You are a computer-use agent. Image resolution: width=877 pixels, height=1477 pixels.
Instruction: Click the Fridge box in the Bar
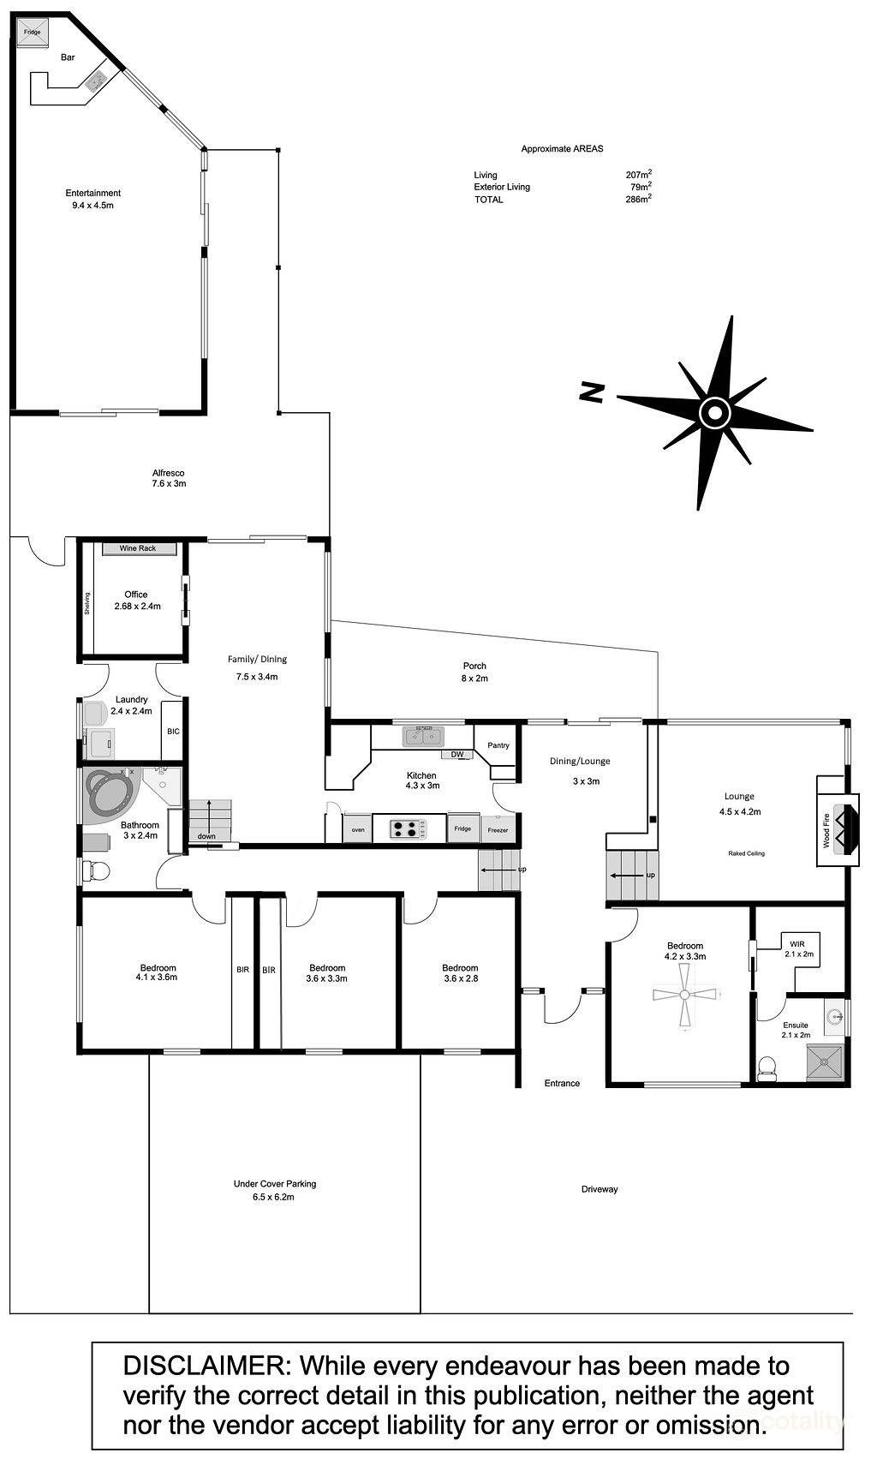(32, 33)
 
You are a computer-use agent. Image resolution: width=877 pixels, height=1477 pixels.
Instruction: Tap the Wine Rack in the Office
(138, 548)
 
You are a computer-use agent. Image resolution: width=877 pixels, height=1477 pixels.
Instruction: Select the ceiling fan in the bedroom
(685, 995)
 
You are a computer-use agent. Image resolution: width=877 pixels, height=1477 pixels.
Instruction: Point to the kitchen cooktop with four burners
(409, 828)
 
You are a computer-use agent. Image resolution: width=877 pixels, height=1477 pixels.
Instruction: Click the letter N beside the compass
(592, 393)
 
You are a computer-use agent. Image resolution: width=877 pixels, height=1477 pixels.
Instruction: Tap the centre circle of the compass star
(713, 413)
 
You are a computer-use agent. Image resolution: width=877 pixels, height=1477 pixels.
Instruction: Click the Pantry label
(498, 745)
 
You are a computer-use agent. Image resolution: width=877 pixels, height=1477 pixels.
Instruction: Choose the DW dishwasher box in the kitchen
(457, 754)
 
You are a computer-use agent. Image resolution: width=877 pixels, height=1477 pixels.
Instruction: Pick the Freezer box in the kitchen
(498, 829)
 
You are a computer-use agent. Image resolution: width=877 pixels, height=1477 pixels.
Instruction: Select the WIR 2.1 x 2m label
(798, 948)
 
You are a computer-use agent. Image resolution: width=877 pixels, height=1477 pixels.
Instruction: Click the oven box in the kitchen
(358, 829)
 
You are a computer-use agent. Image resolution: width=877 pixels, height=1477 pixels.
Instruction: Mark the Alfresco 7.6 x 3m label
(168, 478)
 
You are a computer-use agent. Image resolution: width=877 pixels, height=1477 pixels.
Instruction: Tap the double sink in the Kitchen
(423, 736)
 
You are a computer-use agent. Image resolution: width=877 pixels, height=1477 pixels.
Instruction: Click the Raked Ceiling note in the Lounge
(746, 853)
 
